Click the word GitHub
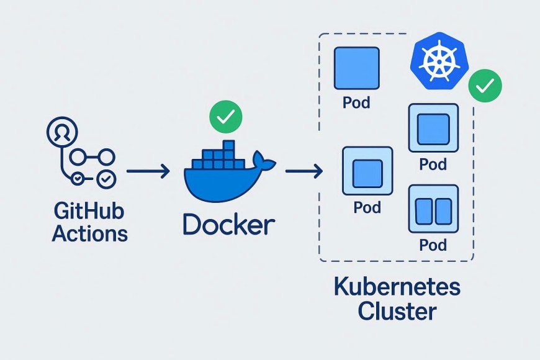click(89, 212)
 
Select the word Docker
click(228, 224)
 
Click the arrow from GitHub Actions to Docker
click(148, 171)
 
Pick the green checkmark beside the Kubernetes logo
click(485, 87)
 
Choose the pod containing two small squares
click(433, 210)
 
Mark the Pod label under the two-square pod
click(433, 245)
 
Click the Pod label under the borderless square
click(356, 102)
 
